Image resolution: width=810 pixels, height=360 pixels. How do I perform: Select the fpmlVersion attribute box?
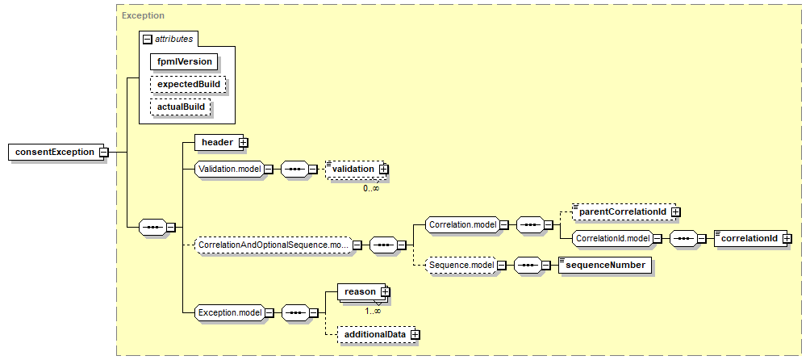click(x=185, y=61)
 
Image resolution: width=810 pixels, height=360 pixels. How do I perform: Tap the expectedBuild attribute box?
click(x=188, y=84)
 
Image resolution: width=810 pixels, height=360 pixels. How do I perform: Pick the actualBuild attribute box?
click(x=181, y=107)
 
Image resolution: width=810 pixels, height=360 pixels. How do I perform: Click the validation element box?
click(x=357, y=170)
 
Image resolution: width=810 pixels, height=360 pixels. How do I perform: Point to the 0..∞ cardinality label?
click(x=371, y=189)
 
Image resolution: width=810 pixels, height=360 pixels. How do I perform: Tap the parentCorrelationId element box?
click(x=626, y=211)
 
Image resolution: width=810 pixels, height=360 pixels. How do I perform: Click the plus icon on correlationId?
click(x=787, y=238)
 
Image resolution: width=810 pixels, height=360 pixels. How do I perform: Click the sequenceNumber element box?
click(x=605, y=265)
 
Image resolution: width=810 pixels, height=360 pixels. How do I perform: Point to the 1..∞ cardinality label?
click(x=372, y=311)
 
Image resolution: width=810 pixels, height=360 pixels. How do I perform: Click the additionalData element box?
click(x=378, y=335)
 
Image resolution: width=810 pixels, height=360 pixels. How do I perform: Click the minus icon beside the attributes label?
click(x=147, y=39)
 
